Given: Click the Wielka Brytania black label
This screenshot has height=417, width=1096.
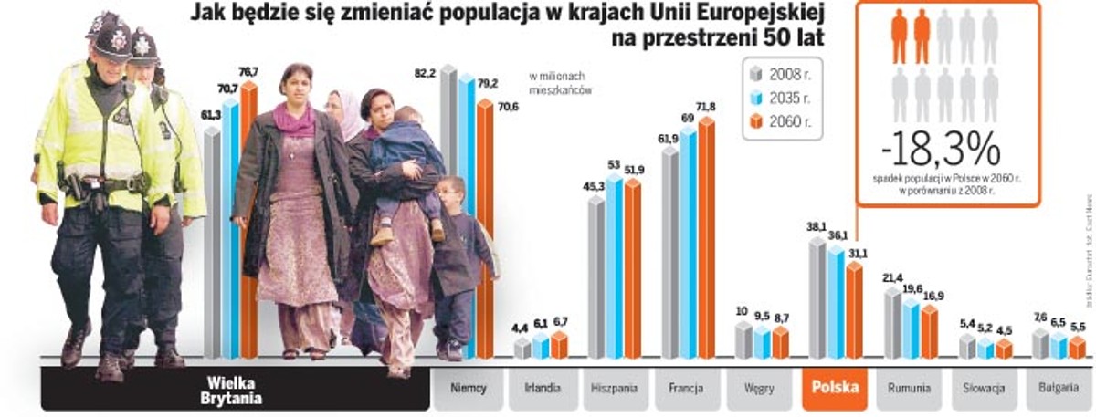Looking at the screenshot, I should [235, 391].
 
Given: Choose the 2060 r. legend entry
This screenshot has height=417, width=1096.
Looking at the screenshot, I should [781, 123].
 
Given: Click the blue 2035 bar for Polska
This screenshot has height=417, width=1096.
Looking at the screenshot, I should [835, 301].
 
